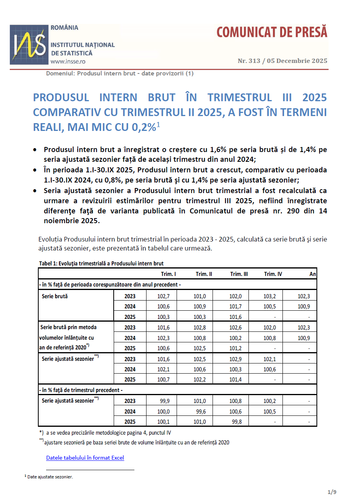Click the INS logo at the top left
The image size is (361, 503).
click(29, 45)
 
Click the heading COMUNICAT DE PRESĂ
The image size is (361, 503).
click(272, 32)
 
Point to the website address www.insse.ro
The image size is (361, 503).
click(68, 61)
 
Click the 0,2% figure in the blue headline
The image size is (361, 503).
click(146, 127)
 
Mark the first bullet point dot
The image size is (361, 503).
click(36, 150)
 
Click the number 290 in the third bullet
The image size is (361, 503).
click(289, 211)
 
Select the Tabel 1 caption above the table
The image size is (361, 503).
click(101, 263)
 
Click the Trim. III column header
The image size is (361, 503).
click(239, 274)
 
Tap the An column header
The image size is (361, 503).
click(313, 274)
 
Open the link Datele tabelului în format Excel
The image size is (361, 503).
click(85, 458)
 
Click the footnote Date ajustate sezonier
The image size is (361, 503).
click(50, 477)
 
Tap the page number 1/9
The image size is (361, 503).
click(332, 492)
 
